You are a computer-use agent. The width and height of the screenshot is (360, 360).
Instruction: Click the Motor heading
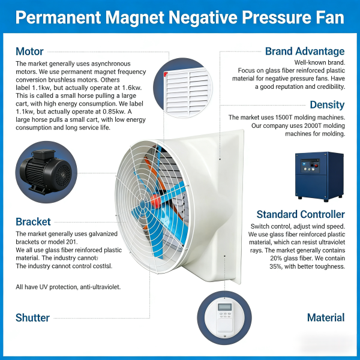(29, 52)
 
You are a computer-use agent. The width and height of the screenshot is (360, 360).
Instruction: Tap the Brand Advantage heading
(305, 52)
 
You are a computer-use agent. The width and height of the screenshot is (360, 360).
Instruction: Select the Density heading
(327, 105)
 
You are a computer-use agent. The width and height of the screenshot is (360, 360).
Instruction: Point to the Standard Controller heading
(301, 214)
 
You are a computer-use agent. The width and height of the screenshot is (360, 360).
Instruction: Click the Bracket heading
(33, 222)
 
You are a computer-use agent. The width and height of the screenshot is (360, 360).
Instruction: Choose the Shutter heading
(32, 318)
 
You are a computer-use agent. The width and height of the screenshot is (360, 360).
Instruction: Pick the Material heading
(326, 318)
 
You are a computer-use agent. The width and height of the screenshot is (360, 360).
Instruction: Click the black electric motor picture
(46, 172)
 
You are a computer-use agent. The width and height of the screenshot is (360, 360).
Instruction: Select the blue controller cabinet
(319, 176)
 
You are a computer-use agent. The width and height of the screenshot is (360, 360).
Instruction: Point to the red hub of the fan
(155, 201)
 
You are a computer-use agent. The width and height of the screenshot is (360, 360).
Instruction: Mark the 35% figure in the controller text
(275, 266)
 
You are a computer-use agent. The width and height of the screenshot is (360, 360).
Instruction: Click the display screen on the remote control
(225, 307)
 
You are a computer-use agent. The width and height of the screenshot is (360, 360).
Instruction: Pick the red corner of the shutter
(166, 74)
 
